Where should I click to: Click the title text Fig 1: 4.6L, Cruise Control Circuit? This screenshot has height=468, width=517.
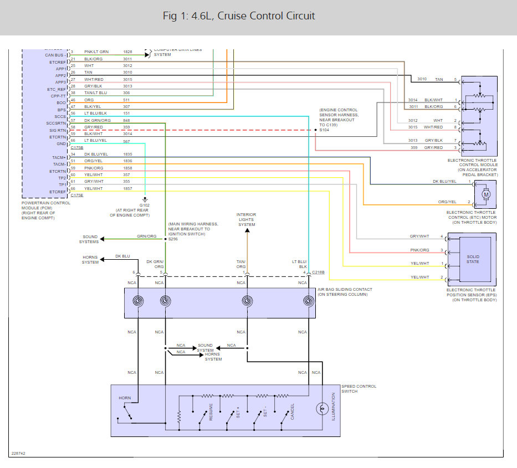point(239,16)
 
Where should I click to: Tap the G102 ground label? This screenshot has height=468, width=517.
point(144,204)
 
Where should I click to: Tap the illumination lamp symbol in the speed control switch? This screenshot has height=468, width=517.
point(320,409)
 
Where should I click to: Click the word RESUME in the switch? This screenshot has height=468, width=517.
point(211,412)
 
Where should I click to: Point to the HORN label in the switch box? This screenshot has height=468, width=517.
point(125,398)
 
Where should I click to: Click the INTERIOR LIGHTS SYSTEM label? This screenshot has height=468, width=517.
point(247,219)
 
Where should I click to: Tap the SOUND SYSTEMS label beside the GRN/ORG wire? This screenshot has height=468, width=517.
point(89,239)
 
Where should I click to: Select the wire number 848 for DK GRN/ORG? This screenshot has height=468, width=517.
point(127,120)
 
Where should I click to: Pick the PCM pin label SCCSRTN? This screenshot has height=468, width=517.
point(56,122)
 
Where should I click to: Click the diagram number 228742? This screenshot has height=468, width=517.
point(18,454)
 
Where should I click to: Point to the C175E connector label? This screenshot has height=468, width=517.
point(77,195)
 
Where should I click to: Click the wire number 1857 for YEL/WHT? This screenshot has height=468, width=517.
point(127,189)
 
